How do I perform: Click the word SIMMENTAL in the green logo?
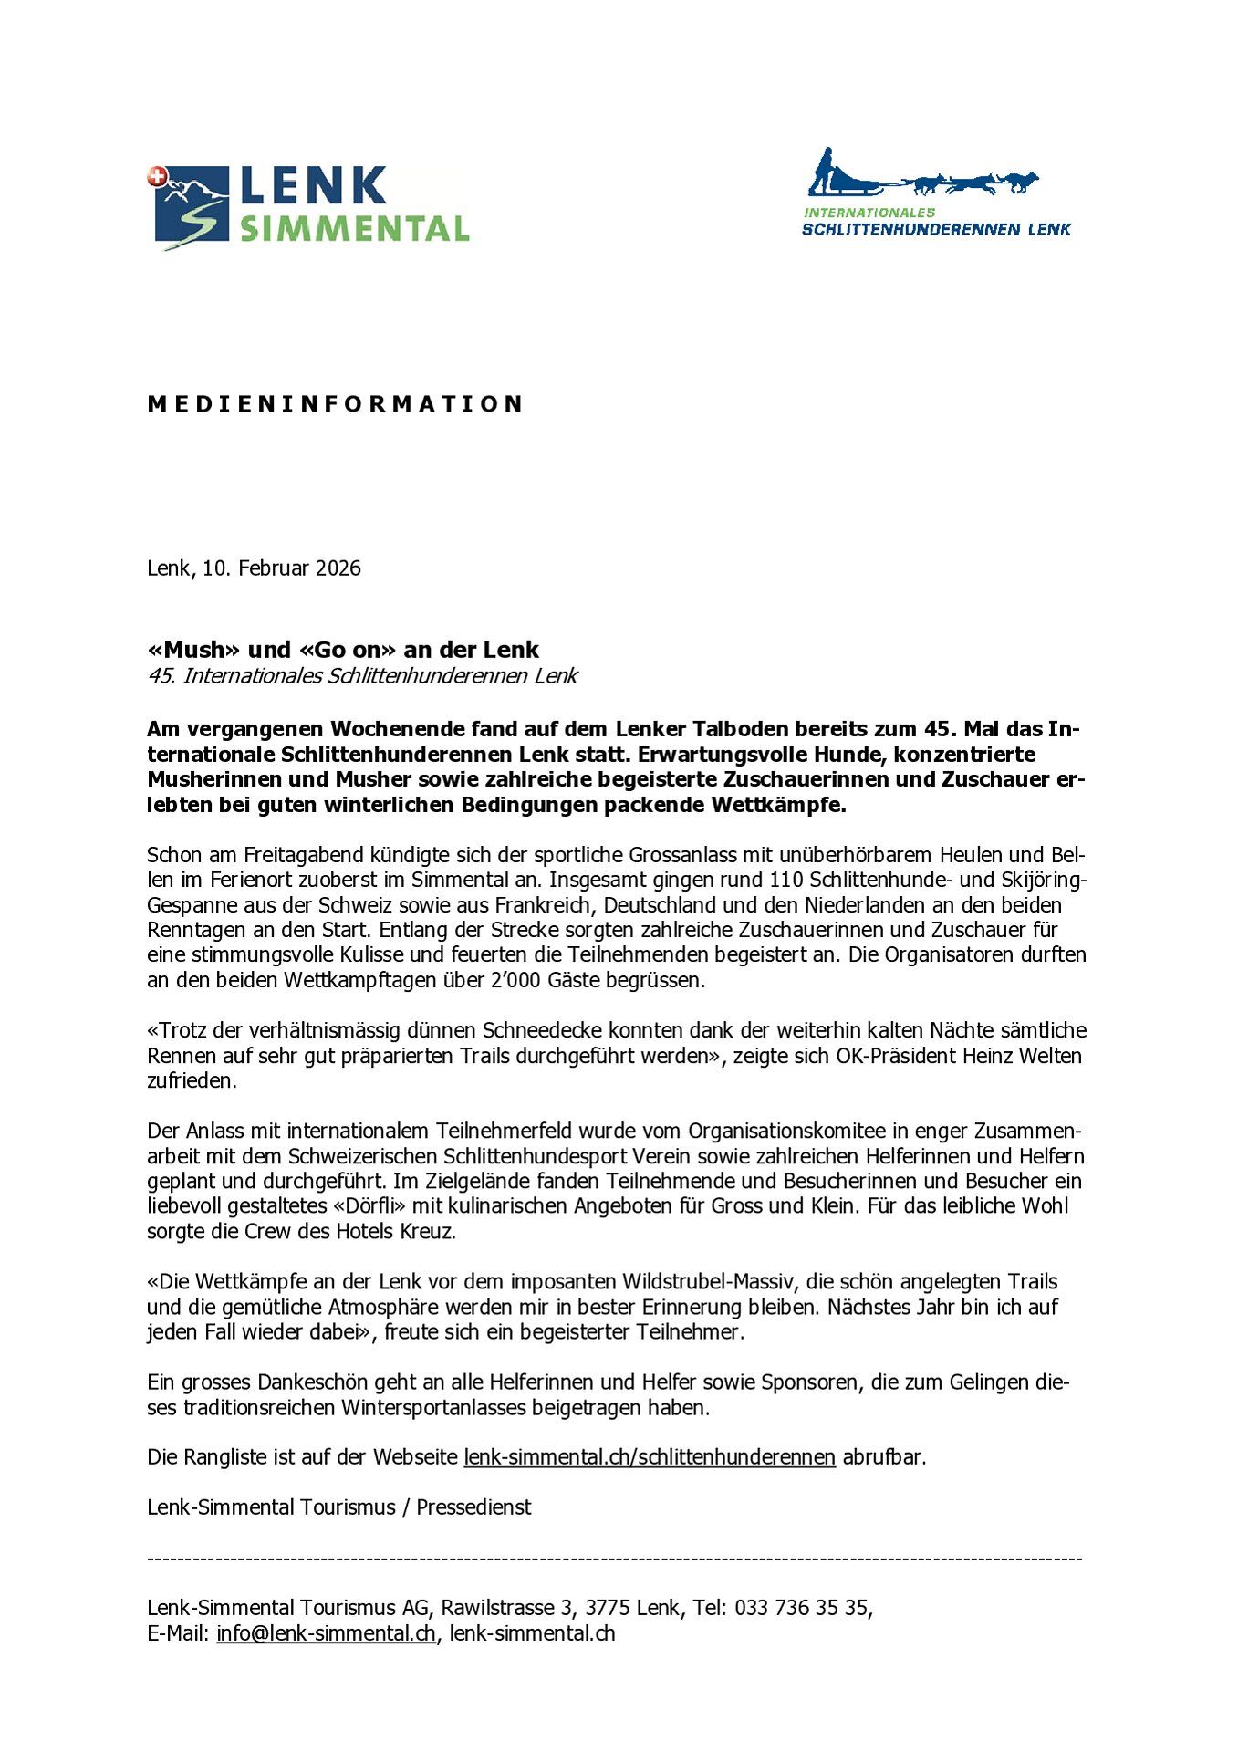pyautogui.click(x=354, y=228)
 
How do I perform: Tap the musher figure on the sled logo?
pyautogui.click(x=824, y=171)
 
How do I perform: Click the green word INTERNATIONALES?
pyautogui.click(x=869, y=213)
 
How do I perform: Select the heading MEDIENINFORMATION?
pyautogui.click(x=335, y=404)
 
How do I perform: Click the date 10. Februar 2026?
pyautogui.click(x=281, y=568)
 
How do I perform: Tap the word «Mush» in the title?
pyautogui.click(x=193, y=650)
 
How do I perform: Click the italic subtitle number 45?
pyautogui.click(x=161, y=676)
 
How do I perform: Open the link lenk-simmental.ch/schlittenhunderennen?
pyautogui.click(x=650, y=1456)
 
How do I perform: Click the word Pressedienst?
pyautogui.click(x=473, y=1507)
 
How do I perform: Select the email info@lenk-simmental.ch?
pyautogui.click(x=326, y=1632)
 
